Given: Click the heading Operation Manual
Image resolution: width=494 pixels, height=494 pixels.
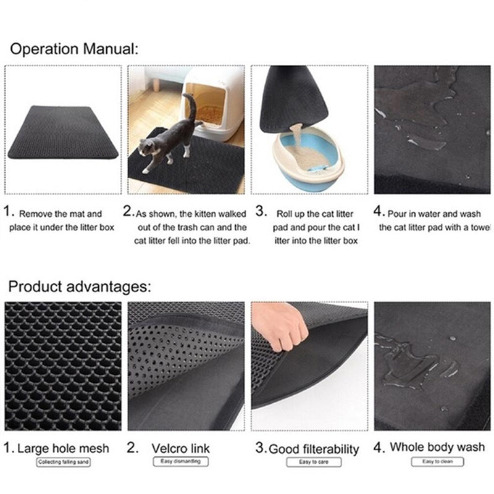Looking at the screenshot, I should click(74, 49).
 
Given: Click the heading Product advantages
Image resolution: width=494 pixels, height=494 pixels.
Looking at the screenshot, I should click(80, 287).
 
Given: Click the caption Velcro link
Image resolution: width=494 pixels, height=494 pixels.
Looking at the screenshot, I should click(181, 448).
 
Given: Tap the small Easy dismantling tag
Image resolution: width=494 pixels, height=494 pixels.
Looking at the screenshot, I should click(181, 461).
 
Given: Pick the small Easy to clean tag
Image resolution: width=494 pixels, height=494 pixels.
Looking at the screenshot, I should click(437, 461).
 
